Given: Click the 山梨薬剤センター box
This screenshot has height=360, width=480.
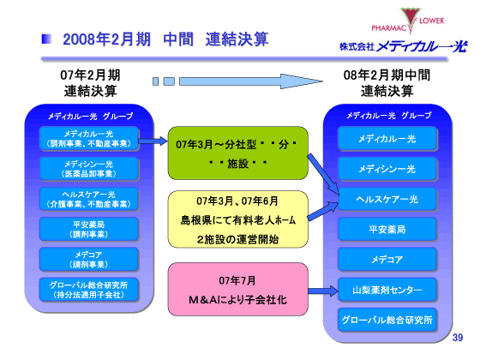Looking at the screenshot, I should pyautogui.click(x=387, y=290).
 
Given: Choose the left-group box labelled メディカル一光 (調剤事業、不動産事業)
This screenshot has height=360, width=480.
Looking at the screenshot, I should pyautogui.click(x=88, y=140).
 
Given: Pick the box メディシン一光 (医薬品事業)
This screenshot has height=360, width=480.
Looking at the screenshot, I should pyautogui.click(x=88, y=169).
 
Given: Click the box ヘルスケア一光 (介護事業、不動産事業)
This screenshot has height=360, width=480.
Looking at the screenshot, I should pyautogui.click(x=88, y=199).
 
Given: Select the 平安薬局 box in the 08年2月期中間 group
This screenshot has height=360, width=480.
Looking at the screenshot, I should pyautogui.click(x=387, y=230).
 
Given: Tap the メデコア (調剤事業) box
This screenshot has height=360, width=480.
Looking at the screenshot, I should pyautogui.click(x=88, y=259).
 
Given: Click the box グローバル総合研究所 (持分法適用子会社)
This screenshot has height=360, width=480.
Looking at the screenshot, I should pyautogui.click(x=88, y=289).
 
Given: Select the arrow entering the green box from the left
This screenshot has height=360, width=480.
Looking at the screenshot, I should pyautogui.click(x=151, y=142).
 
